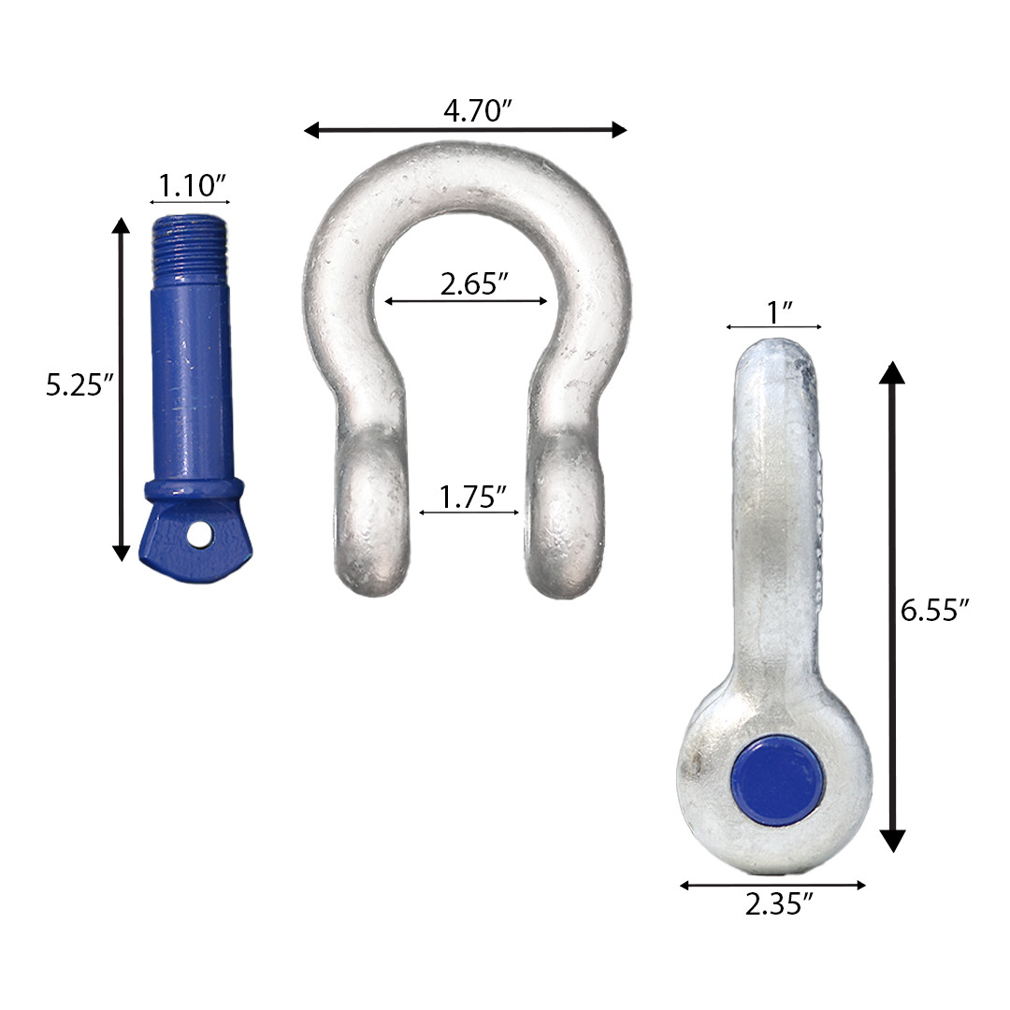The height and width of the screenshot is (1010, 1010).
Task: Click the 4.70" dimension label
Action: (476, 111)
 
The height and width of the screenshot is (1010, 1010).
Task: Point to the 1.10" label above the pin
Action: (192, 185)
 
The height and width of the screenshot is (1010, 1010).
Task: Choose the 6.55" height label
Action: (934, 611)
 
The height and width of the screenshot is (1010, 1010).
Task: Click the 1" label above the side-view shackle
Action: (775, 312)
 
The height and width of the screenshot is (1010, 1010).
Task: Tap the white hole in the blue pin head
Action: (198, 534)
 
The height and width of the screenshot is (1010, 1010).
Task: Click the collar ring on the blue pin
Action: (193, 490)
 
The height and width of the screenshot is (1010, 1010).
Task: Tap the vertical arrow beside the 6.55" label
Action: (894, 607)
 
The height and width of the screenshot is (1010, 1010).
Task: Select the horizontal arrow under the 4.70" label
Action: (466, 130)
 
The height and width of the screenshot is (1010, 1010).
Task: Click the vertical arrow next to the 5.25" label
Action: (121, 389)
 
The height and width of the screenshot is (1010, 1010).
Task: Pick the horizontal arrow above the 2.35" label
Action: (773, 885)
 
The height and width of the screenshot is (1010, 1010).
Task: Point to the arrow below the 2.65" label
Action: (466, 301)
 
